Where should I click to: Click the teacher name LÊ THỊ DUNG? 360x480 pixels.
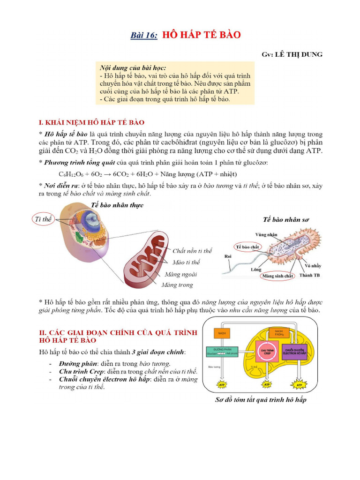coord(299,55)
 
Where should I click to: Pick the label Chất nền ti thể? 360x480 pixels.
coord(192,251)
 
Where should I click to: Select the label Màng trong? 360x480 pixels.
coord(177,285)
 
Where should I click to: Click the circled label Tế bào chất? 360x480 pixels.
coord(248,247)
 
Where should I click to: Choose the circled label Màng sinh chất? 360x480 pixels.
coord(278,276)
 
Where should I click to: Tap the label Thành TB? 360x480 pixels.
coord(309,276)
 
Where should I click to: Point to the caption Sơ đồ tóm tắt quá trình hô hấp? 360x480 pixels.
coord(261,400)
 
